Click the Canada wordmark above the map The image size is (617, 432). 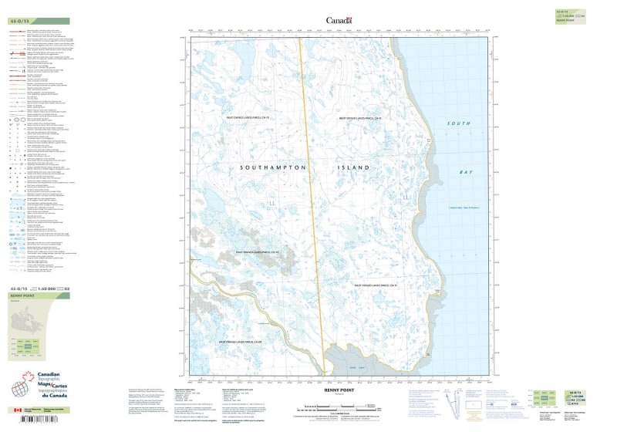339,20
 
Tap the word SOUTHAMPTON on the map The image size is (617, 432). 274,167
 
